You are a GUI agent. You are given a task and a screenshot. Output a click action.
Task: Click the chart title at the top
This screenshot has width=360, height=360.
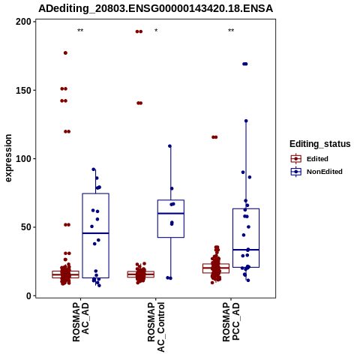pos(155,8)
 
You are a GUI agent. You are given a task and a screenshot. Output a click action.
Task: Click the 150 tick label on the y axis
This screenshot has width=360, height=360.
pos(24,90)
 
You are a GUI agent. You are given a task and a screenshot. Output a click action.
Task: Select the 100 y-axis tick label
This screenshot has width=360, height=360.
pos(24,159)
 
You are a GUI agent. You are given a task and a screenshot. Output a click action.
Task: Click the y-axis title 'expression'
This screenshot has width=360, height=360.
pos(8,158)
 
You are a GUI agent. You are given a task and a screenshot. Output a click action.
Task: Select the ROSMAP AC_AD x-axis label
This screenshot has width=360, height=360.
pos(80,322)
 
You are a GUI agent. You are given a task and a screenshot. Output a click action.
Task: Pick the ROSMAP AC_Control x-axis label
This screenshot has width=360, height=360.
pos(156,327)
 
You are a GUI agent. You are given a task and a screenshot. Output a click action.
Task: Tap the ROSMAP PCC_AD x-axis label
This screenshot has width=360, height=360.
pos(231,322)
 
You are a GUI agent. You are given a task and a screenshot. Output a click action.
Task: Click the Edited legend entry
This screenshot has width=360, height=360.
pos(310,159)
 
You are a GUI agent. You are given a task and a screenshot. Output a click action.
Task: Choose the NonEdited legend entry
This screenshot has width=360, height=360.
pos(316,172)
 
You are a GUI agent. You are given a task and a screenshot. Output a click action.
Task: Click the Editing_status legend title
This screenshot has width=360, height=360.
pos(320,144)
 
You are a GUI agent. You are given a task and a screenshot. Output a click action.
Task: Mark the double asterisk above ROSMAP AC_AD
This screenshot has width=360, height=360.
pos(80,31)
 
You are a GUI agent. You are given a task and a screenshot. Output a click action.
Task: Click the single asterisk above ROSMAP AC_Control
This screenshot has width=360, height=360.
pos(156,31)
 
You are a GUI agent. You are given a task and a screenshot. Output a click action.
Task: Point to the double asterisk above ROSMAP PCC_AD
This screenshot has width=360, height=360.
pos(231,31)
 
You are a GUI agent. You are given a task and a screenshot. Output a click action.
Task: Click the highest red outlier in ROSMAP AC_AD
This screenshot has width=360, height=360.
pos(65,53)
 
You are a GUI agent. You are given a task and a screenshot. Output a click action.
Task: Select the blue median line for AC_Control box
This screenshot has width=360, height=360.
pos(171,213)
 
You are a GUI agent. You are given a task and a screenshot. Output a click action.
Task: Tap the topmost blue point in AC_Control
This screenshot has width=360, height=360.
pos(169,146)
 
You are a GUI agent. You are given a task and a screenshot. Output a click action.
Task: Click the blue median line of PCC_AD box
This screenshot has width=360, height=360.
pos(246,250)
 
